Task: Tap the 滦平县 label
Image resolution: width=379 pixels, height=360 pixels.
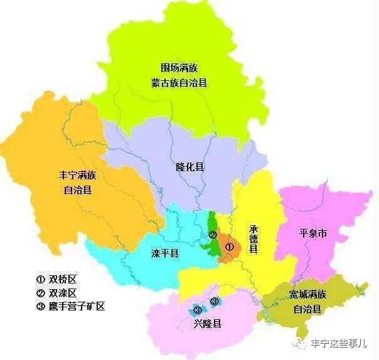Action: (x=165, y=254)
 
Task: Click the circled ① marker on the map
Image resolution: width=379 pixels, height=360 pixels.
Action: (x=230, y=247)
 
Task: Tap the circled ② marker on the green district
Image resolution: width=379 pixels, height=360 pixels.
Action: (x=213, y=236)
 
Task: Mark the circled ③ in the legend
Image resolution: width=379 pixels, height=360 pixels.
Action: (x=40, y=307)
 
